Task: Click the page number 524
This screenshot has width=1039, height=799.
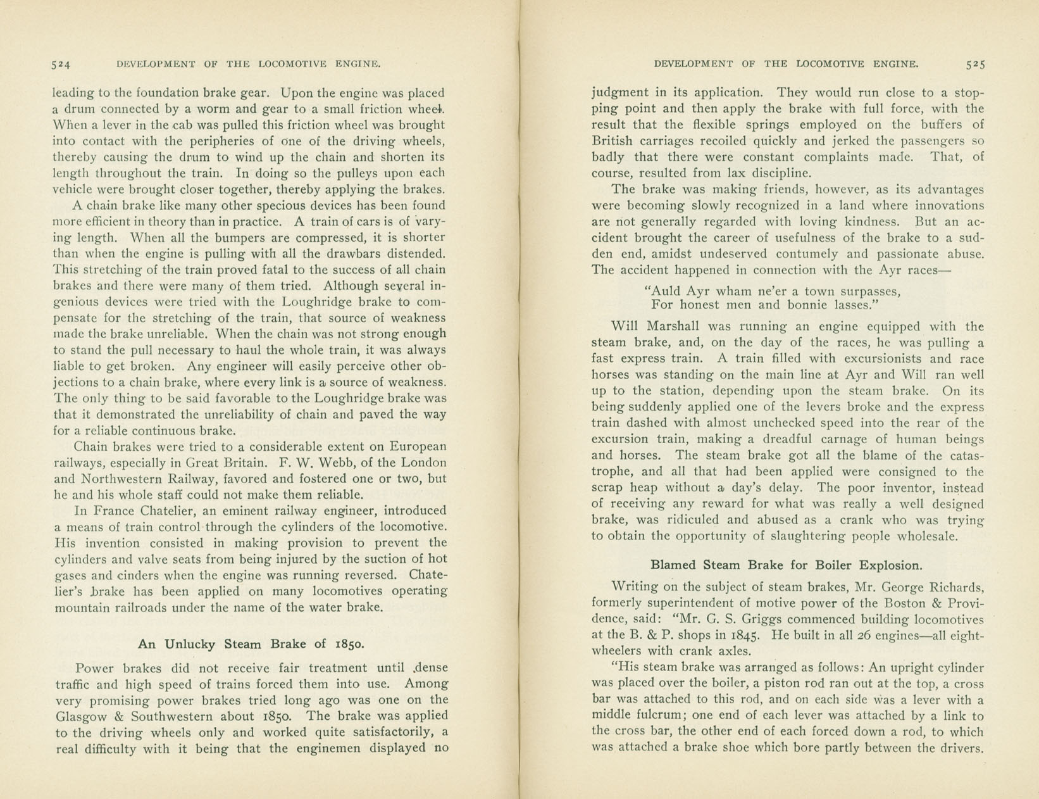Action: point(61,64)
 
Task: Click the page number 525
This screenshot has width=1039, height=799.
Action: point(975,64)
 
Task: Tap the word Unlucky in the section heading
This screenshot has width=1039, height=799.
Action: point(191,645)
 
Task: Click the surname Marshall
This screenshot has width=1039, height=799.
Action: point(673,327)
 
